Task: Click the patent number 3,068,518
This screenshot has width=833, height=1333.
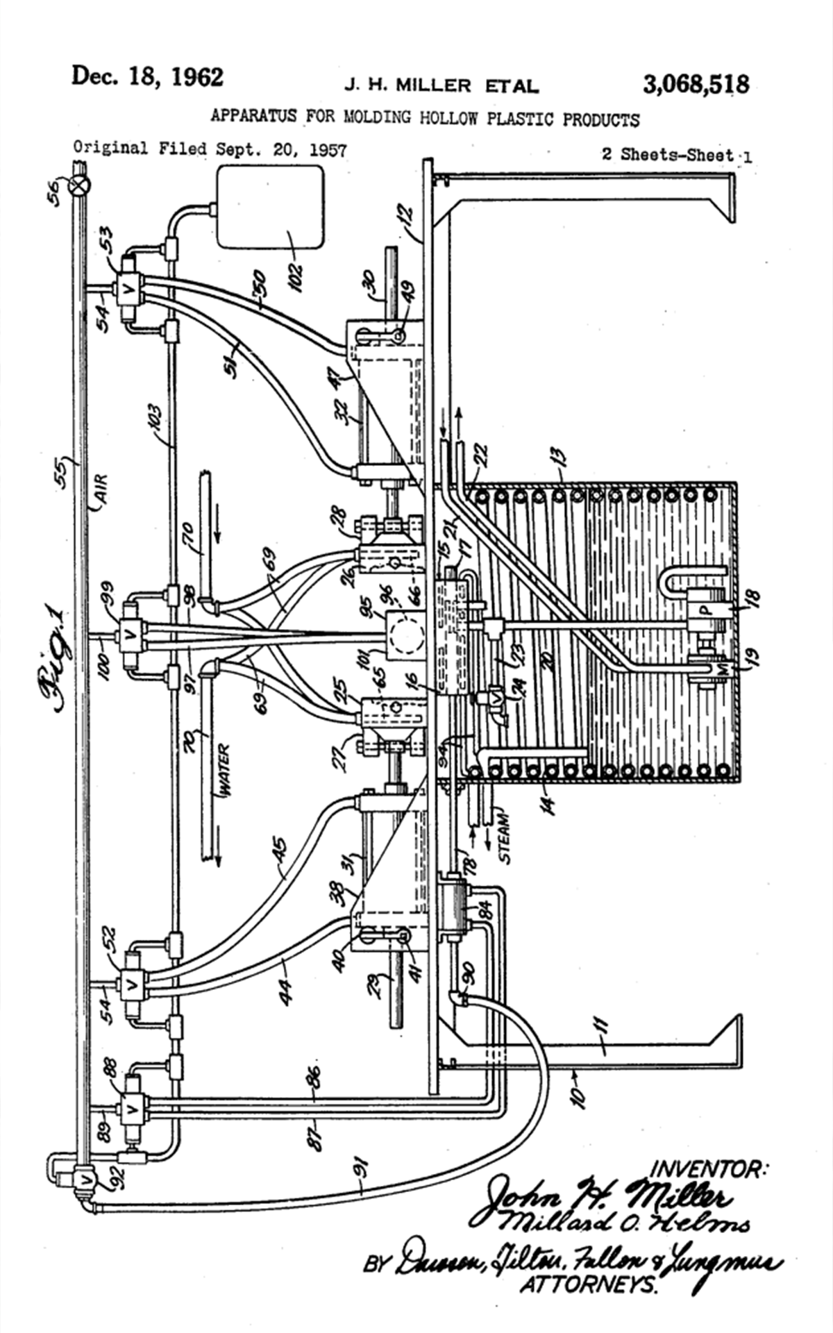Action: (696, 85)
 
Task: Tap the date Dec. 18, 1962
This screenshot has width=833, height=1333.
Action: (148, 76)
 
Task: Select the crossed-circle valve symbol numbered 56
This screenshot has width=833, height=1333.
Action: (82, 185)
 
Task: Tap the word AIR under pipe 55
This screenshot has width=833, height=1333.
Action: (101, 489)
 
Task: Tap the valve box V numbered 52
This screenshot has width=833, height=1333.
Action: (129, 983)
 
